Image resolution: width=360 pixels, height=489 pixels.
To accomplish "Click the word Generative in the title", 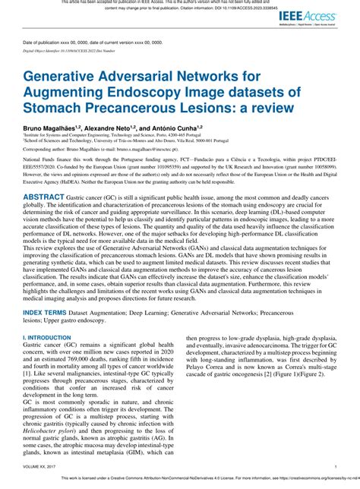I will (x=61, y=77).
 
